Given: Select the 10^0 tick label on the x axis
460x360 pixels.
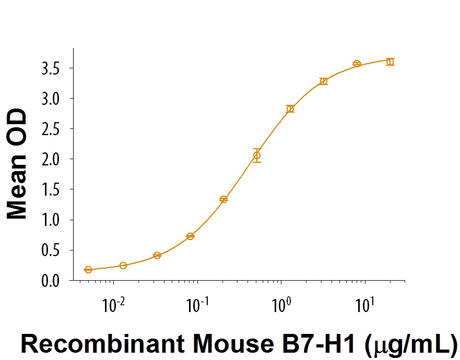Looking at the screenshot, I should click(280, 305).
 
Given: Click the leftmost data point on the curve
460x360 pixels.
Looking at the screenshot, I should click(88, 270).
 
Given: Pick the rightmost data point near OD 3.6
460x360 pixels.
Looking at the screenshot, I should click(390, 62).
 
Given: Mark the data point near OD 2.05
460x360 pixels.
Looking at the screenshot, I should click(256, 155).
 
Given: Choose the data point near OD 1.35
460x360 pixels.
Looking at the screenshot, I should click(223, 199).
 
